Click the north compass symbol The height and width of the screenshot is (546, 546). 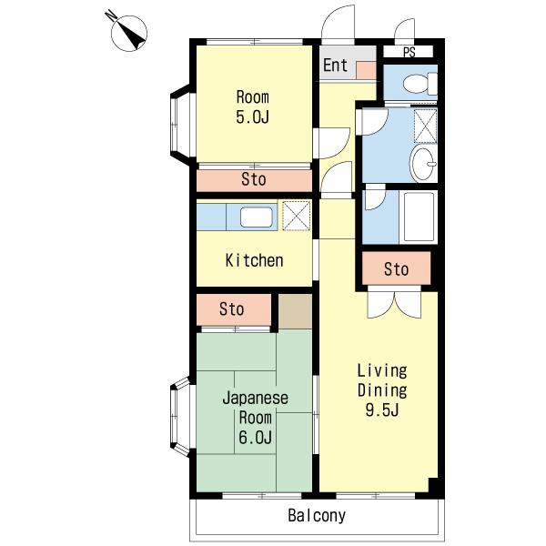tap(128, 33)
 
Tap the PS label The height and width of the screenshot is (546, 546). tap(409, 52)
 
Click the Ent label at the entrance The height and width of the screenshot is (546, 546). tap(335, 66)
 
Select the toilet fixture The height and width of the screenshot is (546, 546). tap(420, 84)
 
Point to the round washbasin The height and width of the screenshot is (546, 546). tap(423, 164)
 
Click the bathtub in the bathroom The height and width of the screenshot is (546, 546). tap(419, 217)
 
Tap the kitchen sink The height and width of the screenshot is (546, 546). tap(256, 217)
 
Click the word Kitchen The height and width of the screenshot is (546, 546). tap(254, 260)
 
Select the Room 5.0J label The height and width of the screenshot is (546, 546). tap(253, 106)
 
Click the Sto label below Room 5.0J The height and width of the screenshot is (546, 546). tap(254, 179)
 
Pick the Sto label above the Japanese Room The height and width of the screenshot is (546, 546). tap(231, 309)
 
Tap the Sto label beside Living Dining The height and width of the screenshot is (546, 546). tap(396, 269)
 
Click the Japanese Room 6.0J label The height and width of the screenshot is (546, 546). tap(255, 418)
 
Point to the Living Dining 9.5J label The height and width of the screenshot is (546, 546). tap(382, 390)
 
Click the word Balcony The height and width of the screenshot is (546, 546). tap(317, 516)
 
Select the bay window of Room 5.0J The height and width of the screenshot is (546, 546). tap(180, 125)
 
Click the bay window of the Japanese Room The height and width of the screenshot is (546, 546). tap(180, 417)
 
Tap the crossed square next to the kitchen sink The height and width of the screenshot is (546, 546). tap(296, 216)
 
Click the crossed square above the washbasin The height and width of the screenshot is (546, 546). tap(425, 126)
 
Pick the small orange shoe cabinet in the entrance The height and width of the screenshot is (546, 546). tap(366, 70)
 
